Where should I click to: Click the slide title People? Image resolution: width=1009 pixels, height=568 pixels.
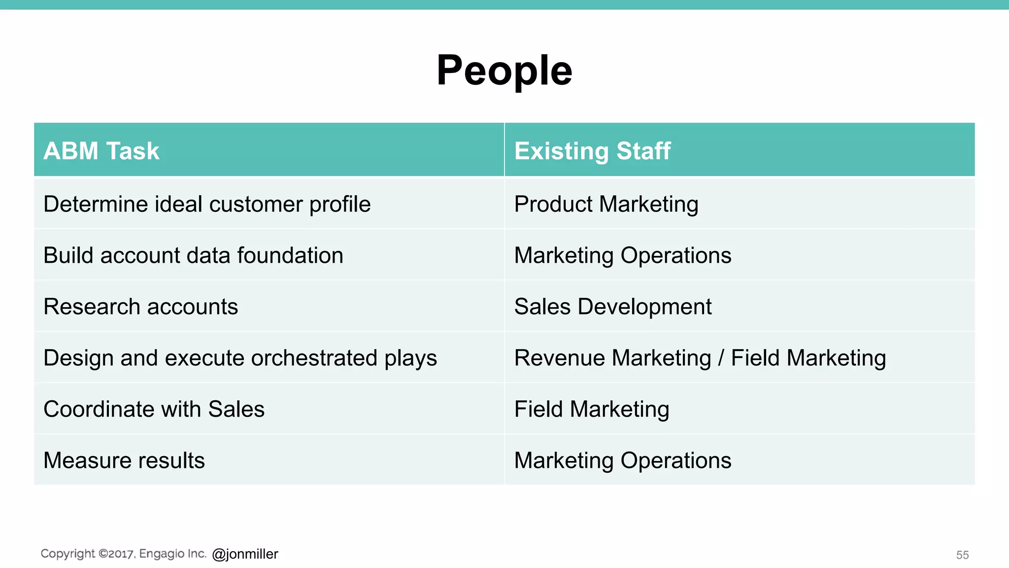tap(504, 71)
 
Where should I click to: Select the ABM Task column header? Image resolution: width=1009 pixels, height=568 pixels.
tap(101, 151)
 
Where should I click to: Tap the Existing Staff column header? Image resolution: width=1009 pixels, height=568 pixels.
tap(592, 151)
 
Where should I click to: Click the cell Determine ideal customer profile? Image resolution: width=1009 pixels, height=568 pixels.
tap(207, 205)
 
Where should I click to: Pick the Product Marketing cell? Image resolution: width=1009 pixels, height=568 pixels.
tap(606, 205)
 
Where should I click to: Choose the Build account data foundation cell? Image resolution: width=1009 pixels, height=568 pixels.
tap(193, 256)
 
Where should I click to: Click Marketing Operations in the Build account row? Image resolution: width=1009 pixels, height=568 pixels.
tap(622, 256)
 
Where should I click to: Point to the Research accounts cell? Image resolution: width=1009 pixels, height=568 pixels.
tap(141, 307)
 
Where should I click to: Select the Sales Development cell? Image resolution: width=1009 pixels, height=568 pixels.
tap(613, 307)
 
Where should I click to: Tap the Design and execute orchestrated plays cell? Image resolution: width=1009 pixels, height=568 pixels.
tap(240, 358)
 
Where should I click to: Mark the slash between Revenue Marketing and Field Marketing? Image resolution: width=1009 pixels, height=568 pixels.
tap(721, 358)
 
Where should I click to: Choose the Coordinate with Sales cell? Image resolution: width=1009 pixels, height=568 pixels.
tap(154, 410)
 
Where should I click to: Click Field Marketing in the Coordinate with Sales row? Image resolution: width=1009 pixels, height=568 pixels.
tap(592, 410)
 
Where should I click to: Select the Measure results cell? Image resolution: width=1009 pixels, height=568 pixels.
tap(124, 461)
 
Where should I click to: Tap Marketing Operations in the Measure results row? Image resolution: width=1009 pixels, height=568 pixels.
tap(622, 461)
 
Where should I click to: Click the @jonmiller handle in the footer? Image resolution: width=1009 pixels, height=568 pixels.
tap(245, 554)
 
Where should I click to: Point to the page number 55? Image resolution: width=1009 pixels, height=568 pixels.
tap(962, 555)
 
